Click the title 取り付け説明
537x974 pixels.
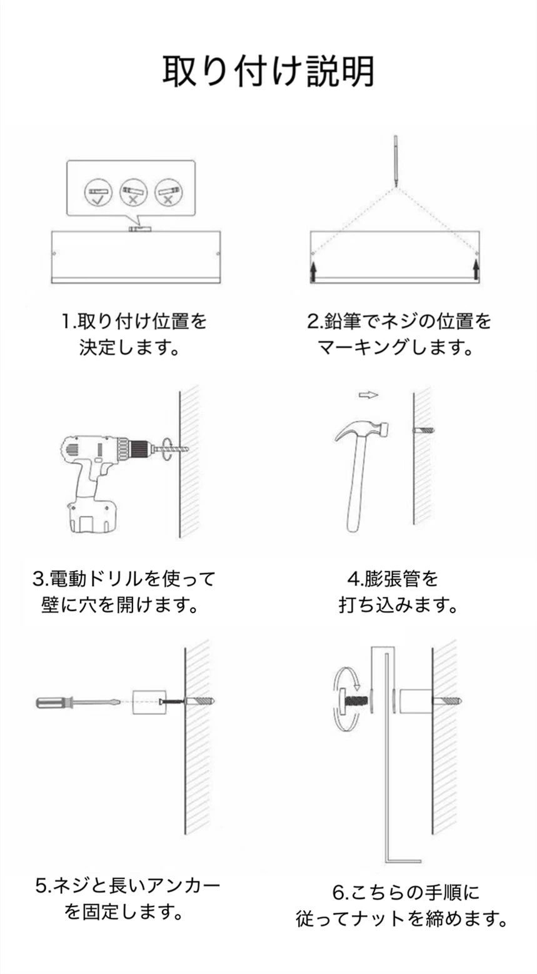coord(268,71)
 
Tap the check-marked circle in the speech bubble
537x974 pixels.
coord(98,192)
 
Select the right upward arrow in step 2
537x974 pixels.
coord(476,270)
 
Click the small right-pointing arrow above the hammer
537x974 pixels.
coord(368,395)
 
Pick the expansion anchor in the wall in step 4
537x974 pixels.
coord(424,430)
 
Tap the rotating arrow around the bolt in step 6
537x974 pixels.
coord(346,700)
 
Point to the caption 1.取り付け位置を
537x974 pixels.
coord(134,322)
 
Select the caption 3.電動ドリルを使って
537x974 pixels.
coord(124,579)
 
